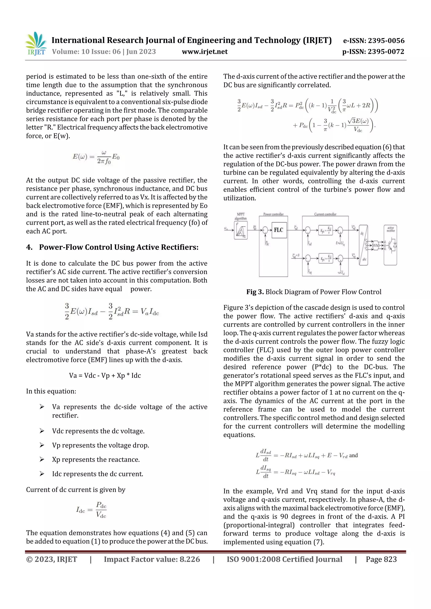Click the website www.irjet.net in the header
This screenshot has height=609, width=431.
pyautogui.click(x=205, y=52)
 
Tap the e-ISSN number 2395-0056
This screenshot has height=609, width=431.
pyautogui.click(x=386, y=41)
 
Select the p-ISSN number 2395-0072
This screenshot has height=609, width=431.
pyautogui.click(x=386, y=52)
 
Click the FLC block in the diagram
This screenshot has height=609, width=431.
pyautogui.click(x=279, y=230)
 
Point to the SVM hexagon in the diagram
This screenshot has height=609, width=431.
pyautogui.click(x=375, y=245)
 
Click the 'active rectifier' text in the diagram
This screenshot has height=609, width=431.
pyautogui.click(x=390, y=229)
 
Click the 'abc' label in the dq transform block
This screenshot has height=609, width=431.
pyautogui.click(x=364, y=259)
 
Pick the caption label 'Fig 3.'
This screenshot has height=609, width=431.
pyautogui.click(x=255, y=292)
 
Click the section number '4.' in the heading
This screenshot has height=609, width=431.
pyautogui.click(x=29, y=247)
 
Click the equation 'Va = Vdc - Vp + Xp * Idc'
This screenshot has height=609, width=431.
pyautogui.click(x=105, y=375)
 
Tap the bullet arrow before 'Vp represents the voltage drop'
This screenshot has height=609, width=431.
pyautogui.click(x=42, y=445)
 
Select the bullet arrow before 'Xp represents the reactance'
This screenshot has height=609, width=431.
pyautogui.click(x=42, y=459)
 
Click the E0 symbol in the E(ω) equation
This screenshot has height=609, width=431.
pyautogui.click(x=116, y=157)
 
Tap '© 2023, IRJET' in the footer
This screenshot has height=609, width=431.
pyautogui.click(x=52, y=559)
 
